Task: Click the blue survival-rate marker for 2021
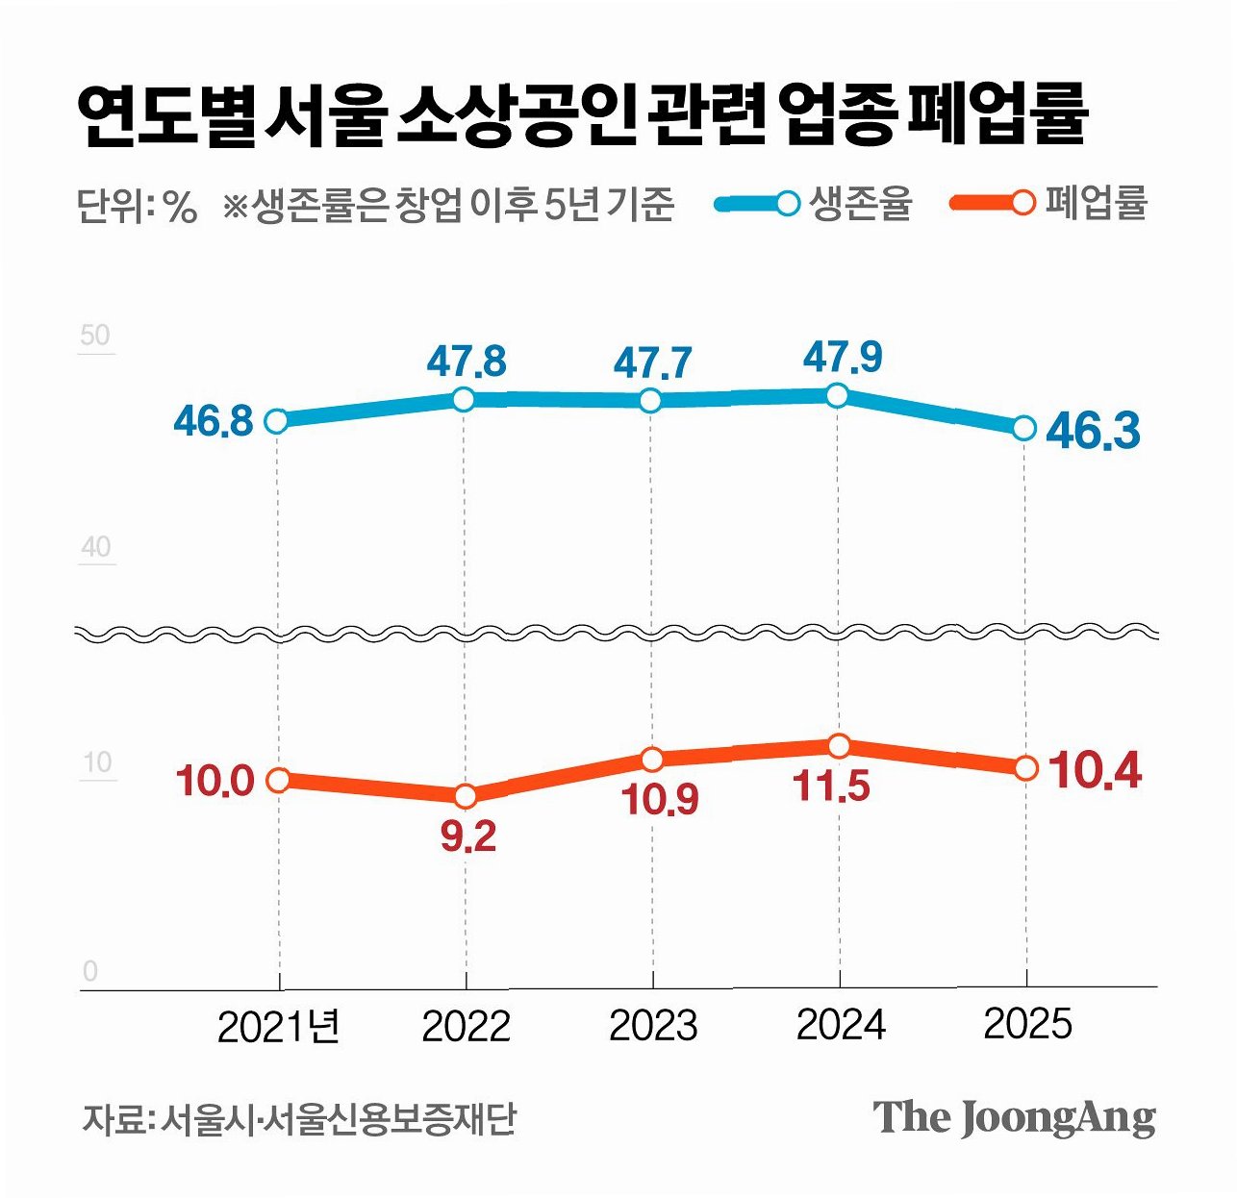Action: pos(276,421)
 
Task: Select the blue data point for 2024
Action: pos(838,396)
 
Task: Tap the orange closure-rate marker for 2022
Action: pos(466,795)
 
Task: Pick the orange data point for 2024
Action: pos(840,746)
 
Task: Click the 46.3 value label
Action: pos(1093,431)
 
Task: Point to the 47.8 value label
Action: pos(467,362)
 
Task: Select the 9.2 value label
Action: pos(467,836)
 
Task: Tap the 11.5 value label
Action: pos(831,786)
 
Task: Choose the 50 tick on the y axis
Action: pos(96,336)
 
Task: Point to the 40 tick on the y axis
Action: pos(96,547)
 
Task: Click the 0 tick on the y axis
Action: pos(90,971)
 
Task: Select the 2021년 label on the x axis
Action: pos(278,1027)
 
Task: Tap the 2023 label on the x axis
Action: pos(653,1026)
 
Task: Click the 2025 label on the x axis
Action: pos(1027,1025)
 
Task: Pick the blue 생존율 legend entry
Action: pos(814,204)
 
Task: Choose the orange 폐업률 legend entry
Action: pos(1048,204)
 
